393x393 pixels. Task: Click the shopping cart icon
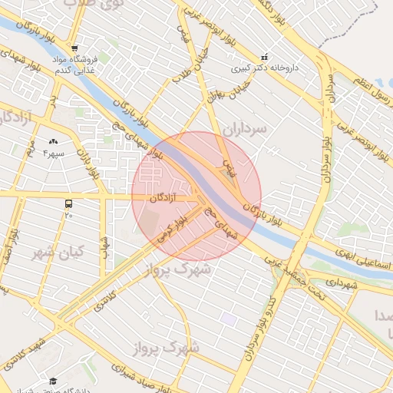click(74, 48)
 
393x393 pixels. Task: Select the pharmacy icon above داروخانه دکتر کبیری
click(265, 56)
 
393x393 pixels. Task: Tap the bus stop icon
click(69, 204)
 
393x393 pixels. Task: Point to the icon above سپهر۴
click(53, 142)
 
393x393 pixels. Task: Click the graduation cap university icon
click(53, 381)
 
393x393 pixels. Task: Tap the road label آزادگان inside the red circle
click(163, 198)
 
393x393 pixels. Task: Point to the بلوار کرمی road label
click(173, 228)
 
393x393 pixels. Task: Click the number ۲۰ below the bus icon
click(69, 215)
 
